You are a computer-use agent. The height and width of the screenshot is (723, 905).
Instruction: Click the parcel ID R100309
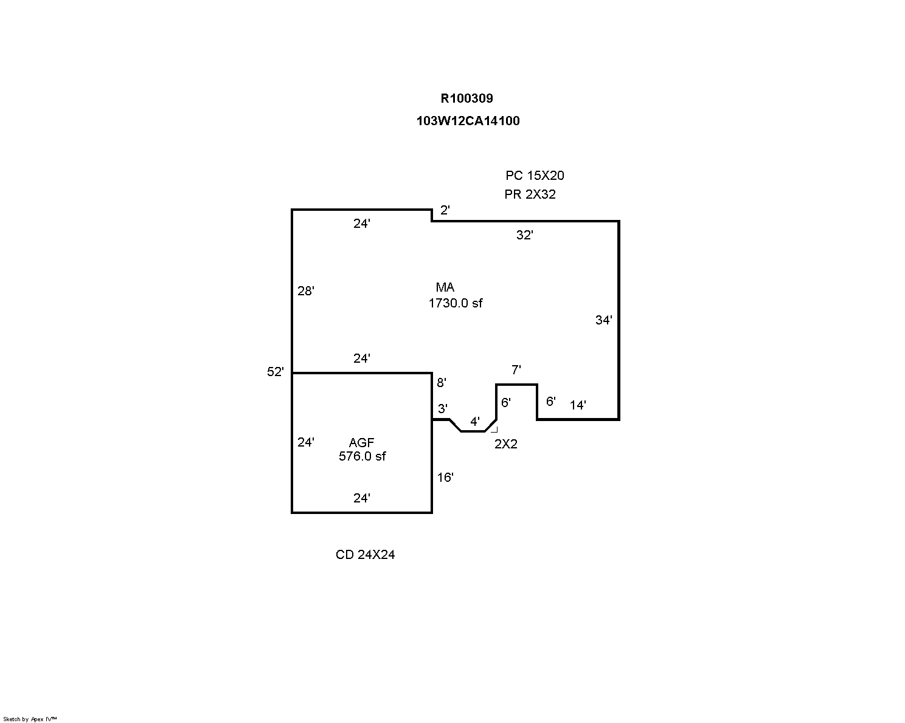pos(466,98)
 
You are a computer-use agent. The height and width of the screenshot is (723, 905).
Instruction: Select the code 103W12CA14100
pos(468,121)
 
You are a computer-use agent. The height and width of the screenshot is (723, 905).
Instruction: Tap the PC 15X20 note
pos(535,176)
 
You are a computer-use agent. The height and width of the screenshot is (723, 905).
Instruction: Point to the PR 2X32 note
pos(530,194)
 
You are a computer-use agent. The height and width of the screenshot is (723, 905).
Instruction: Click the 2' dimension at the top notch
pos(445,210)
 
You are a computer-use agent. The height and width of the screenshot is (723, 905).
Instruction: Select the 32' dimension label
pos(524,235)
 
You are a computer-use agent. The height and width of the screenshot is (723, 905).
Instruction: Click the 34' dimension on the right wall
pos(603,320)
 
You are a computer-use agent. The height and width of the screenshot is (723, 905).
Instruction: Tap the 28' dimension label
pos(306,290)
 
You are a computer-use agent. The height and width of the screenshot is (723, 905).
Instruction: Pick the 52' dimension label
pos(276,372)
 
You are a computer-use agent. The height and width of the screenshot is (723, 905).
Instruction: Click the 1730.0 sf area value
pos(456,303)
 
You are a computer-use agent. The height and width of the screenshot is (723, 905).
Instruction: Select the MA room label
pos(445,287)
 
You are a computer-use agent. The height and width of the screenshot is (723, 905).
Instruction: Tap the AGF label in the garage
pos(361,442)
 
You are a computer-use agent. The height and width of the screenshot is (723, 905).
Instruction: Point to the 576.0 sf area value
pos(362,456)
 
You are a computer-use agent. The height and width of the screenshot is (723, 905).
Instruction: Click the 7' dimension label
pos(516,370)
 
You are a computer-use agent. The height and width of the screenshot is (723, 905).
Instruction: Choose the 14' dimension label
pos(578,405)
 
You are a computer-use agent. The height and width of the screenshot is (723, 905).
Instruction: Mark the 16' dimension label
pos(445,478)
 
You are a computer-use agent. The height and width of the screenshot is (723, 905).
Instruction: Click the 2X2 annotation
pos(506,444)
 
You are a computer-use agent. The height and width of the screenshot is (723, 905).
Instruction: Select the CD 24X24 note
pos(365,555)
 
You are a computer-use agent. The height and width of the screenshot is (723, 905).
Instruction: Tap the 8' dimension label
pos(441,383)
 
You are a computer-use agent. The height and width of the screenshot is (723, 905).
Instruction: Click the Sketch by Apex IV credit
pos(30,719)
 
